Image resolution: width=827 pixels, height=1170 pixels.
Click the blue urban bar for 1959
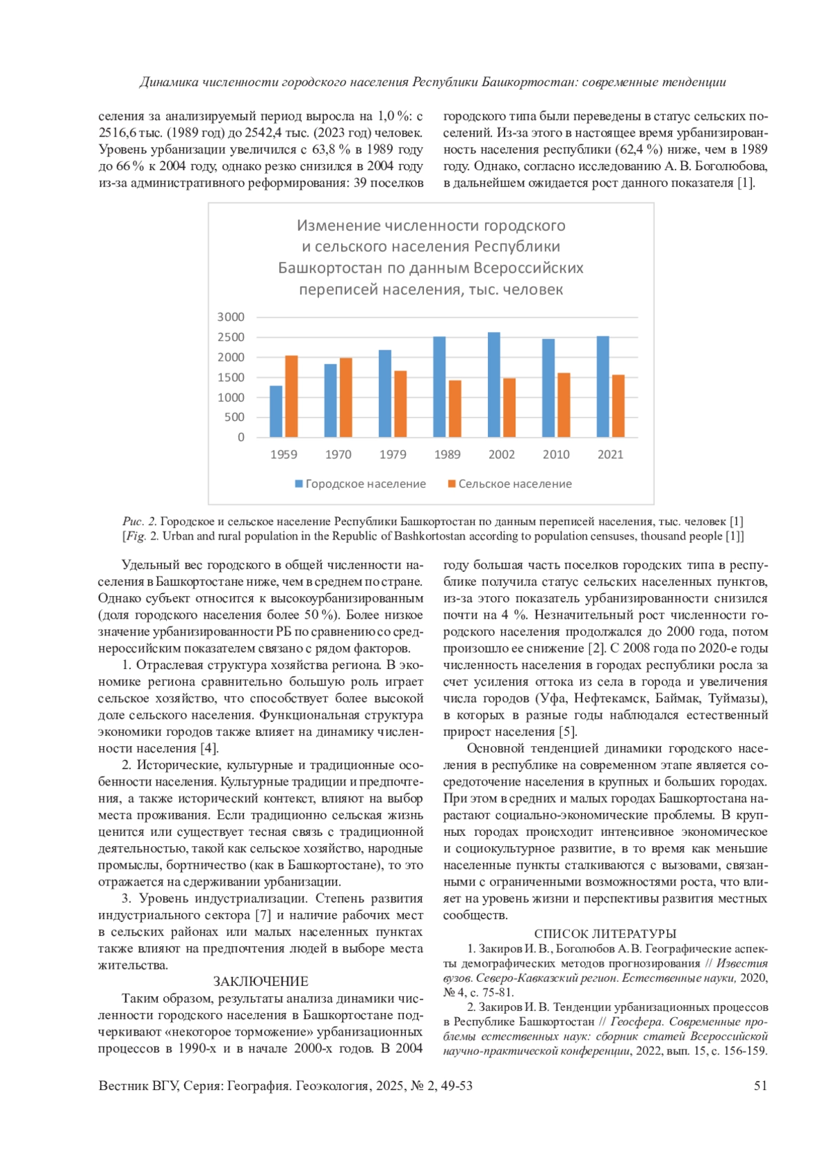276,411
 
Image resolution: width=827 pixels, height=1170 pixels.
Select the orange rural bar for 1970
346,398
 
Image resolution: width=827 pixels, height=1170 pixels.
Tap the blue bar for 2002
494,384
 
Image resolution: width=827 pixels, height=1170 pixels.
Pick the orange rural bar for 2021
618,406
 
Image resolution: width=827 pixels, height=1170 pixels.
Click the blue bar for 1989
439,387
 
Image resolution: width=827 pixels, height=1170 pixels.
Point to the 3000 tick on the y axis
231,317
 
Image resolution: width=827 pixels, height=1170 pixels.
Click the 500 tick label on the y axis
234,417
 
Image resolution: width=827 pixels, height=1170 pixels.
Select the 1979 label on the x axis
392,455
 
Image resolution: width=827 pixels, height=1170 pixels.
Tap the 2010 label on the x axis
555,455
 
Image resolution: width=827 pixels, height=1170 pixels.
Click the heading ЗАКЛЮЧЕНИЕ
261,982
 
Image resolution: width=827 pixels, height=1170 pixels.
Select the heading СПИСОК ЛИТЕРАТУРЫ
605,934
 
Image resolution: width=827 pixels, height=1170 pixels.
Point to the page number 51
760,1086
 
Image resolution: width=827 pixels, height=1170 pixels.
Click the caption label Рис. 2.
140,522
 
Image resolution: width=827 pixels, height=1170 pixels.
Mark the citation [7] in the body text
263,915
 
